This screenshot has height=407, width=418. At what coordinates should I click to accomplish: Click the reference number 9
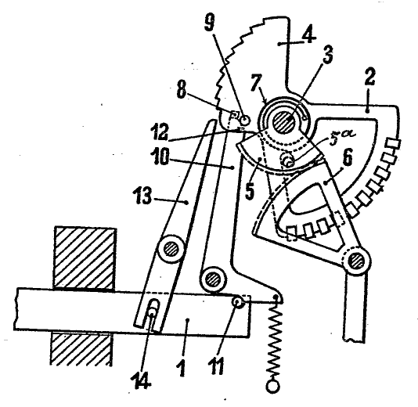pos(210,23)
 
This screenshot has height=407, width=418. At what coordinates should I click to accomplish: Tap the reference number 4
pos(308,35)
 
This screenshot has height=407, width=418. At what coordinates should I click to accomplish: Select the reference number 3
pos(328,55)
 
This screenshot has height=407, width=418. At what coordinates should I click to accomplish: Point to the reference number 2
pos(369,77)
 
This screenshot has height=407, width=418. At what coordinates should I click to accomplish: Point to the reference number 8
pos(182,90)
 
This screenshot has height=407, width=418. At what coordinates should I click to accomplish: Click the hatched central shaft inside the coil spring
pos(283,122)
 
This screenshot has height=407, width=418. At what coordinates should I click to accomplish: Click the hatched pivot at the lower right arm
pos(356,261)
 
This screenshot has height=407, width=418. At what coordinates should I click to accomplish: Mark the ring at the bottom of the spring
pos(273,386)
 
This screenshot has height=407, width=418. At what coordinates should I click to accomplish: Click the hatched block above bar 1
pos(85,258)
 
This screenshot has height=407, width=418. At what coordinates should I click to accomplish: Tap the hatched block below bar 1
pos(81,348)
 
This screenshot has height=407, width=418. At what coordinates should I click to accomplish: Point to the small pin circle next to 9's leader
pos(245,120)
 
